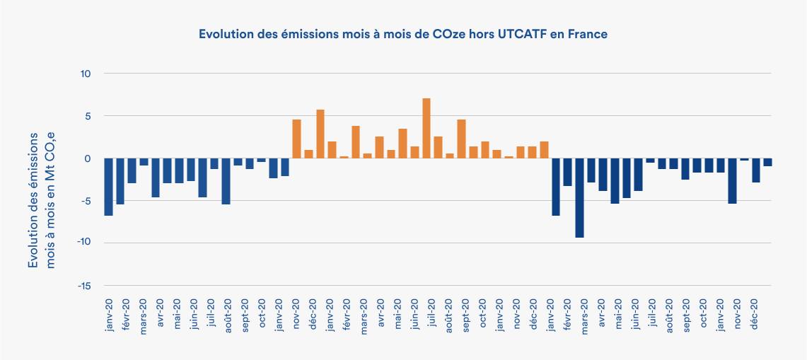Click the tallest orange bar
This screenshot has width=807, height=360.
coord(426,128)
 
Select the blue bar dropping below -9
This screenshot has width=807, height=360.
coord(579,197)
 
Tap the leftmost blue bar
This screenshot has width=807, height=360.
coord(108,186)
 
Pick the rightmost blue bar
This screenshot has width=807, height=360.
coord(767,162)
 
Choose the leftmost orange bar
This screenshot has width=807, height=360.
coord(296,139)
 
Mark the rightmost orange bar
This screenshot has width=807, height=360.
coord(544,149)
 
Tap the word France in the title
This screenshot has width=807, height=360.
coord(589,34)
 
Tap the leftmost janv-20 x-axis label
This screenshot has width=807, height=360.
coord(109,313)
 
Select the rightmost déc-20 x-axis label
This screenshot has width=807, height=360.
coord(755,312)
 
